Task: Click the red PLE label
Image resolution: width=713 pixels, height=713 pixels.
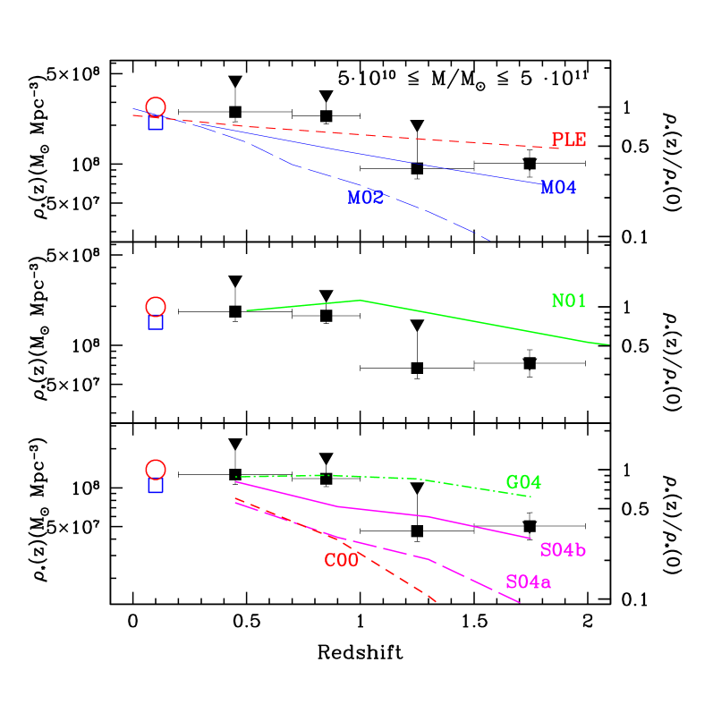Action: tap(568, 140)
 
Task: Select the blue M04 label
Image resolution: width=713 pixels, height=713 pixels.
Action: tap(558, 188)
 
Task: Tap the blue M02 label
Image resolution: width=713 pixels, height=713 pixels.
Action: tap(365, 198)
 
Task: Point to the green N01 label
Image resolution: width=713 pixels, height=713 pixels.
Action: tap(568, 301)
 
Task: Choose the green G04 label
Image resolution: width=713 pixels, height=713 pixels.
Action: tap(523, 483)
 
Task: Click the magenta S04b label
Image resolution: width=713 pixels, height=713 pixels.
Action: tap(563, 550)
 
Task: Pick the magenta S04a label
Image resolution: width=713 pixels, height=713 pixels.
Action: tap(528, 582)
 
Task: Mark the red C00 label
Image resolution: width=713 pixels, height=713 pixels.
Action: tap(341, 561)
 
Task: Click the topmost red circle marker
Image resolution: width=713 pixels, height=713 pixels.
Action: tap(156, 107)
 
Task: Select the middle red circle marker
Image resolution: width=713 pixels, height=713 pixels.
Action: tap(156, 307)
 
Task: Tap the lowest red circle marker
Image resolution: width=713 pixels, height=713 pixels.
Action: tap(156, 470)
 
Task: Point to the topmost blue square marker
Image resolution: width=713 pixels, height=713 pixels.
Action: tap(156, 123)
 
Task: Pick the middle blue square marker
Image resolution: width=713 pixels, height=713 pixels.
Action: tap(156, 323)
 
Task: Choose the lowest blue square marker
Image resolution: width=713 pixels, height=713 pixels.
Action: tap(156, 486)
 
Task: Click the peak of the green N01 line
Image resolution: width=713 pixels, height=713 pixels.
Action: tap(360, 301)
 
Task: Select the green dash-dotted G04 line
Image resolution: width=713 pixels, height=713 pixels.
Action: tap(376, 477)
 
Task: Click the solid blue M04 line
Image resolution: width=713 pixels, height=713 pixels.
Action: tap(358, 155)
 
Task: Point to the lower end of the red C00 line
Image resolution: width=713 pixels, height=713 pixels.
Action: tap(436, 601)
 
